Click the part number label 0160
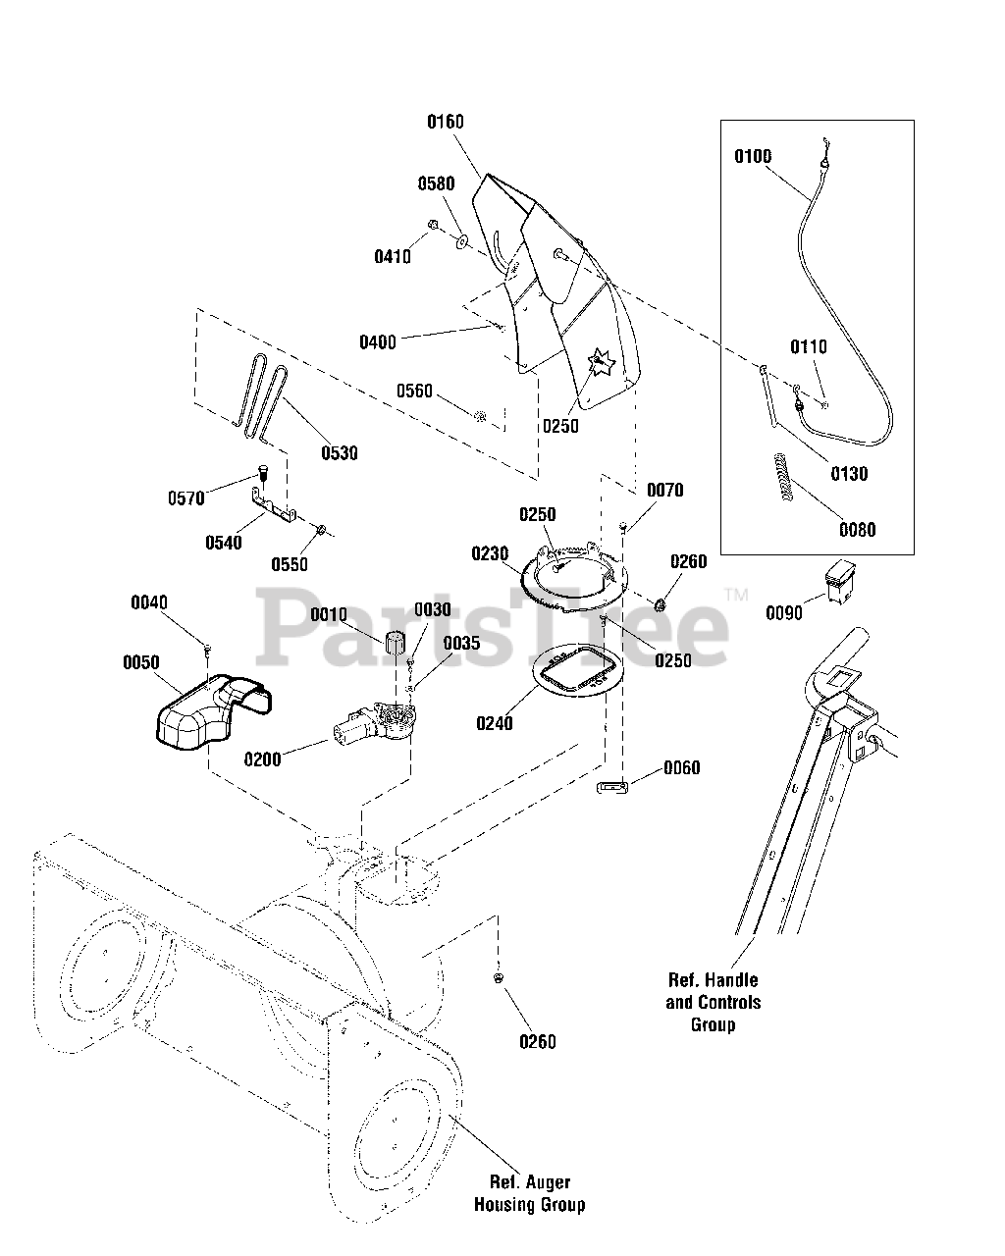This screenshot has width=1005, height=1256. coord(445,122)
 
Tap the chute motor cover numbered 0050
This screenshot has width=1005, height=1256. coord(213,712)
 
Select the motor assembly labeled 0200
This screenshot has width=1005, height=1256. coord(375,724)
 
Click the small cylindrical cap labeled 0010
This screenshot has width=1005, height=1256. coord(396,643)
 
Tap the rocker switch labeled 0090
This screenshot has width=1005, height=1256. coord(840,581)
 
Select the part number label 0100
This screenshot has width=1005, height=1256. coord(753,156)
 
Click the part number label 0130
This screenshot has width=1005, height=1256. coord(849,474)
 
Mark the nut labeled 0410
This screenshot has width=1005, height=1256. coord(433,224)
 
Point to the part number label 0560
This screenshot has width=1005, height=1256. coord(414,392)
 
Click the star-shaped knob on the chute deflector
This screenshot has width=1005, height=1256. coord(602,362)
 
